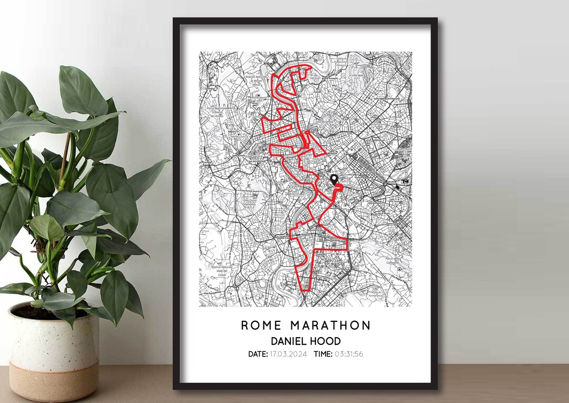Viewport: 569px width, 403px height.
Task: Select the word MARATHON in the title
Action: (329, 325)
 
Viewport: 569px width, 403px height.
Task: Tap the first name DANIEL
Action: (289, 341)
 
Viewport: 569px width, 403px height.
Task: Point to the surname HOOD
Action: (326, 341)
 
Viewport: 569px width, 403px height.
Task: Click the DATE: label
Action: (258, 354)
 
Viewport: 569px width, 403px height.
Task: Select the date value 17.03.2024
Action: (289, 354)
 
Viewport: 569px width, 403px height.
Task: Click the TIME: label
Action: (323, 354)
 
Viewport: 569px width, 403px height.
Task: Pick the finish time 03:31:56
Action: (349, 354)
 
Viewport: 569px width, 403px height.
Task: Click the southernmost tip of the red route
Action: (305, 290)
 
